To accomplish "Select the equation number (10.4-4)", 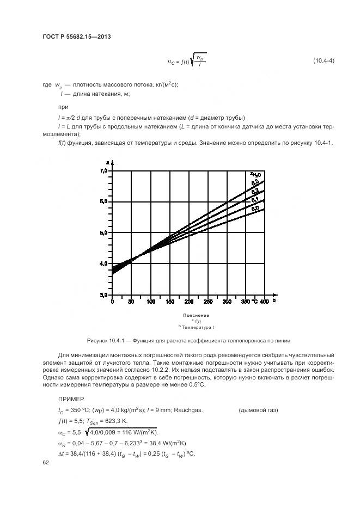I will point(324,60).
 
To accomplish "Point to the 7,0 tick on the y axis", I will point(103,171).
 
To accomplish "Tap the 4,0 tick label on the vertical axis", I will point(103,263).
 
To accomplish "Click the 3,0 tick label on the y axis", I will point(103,295).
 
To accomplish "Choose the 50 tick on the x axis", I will point(131,301).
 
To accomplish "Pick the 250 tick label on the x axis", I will point(207,301).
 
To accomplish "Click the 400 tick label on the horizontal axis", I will point(264,301).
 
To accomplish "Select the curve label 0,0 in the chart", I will point(255,208).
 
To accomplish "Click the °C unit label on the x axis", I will point(253,301).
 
